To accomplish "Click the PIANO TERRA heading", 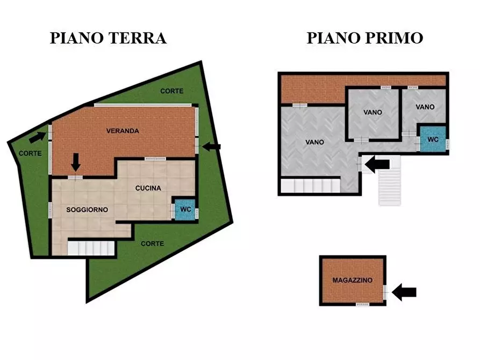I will (x=108, y=38).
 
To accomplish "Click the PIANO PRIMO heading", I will (x=365, y=38).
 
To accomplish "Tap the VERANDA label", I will (x=123, y=131).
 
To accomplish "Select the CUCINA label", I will (x=148, y=188).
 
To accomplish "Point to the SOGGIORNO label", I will (x=87, y=209).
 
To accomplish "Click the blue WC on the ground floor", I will (x=184, y=209).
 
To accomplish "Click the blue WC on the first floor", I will (x=433, y=139).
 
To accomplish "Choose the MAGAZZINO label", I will (x=353, y=280).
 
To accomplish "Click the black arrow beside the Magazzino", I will (x=404, y=292).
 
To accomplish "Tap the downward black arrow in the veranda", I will (x=76, y=161).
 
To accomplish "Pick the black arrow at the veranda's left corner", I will (x=37, y=137).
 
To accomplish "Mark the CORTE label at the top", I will (x=171, y=91).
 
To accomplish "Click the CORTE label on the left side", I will (x=30, y=153).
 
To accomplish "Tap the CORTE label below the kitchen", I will (x=152, y=243).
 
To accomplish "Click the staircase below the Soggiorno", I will (x=91, y=248).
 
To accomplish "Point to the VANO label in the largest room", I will (x=314, y=142).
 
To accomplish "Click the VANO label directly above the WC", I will (x=425, y=107).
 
